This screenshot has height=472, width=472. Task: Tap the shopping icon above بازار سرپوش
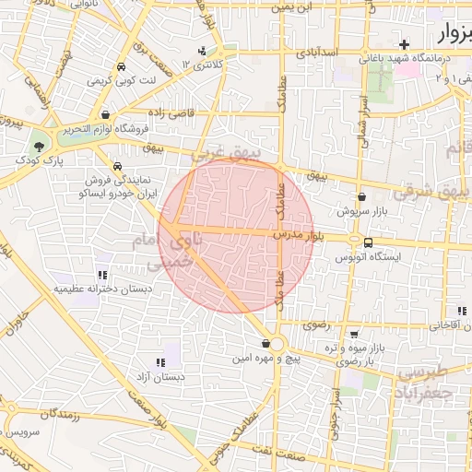(x=360, y=195)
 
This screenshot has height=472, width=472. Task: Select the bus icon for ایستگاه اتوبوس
(x=370, y=242)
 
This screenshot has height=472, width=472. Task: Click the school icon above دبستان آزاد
(x=161, y=362)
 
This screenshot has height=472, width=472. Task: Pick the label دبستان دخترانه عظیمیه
(x=101, y=289)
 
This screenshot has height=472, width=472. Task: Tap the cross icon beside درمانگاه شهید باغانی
(x=404, y=44)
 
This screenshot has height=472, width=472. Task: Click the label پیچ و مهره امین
(x=267, y=356)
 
